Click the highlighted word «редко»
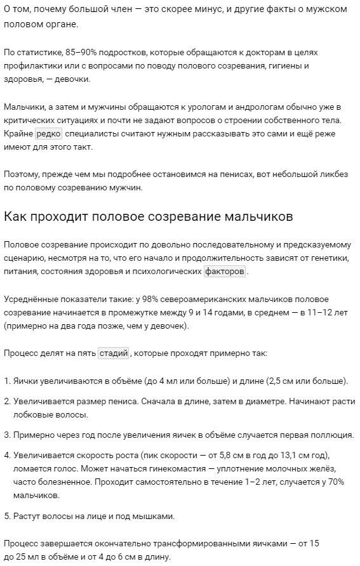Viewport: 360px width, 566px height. click(x=48, y=134)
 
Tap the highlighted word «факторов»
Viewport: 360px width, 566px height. click(x=225, y=271)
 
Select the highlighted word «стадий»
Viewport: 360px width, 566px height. click(x=114, y=353)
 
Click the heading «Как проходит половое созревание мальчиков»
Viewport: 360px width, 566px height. click(x=148, y=216)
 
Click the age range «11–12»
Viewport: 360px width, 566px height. click(x=309, y=312)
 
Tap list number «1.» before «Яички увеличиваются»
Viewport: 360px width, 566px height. click(x=7, y=381)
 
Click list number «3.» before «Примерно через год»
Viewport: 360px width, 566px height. click(x=7, y=435)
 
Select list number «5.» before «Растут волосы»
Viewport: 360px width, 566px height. click(x=7, y=516)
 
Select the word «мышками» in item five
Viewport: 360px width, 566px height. click(x=156, y=516)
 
